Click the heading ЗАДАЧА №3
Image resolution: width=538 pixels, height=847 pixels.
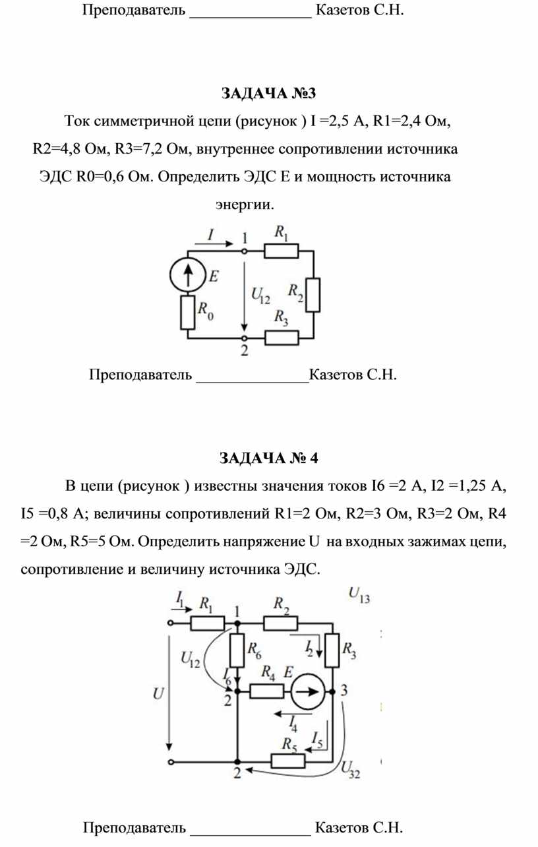pos(268,93)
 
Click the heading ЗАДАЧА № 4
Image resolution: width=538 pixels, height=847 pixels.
pos(269,458)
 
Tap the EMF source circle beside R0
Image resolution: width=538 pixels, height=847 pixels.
pos(187,275)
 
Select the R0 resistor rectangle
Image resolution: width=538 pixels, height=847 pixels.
pos(187,312)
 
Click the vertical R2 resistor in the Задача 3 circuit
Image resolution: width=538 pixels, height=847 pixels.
pos(313,295)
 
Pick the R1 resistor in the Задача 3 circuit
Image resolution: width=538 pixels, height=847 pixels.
pos(281,251)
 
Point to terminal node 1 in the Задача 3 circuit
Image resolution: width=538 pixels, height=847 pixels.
pos(245,251)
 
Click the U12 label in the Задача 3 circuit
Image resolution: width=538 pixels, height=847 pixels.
pos(260,296)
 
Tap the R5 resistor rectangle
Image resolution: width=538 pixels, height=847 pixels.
pos(288,761)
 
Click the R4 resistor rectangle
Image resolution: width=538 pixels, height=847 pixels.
pos(267,691)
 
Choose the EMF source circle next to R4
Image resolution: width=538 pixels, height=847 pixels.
pos(308,691)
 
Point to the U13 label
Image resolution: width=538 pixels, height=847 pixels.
pos(359,595)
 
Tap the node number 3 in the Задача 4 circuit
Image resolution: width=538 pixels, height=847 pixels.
pos(344,691)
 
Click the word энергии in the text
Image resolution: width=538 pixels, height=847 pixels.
pos(245,204)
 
